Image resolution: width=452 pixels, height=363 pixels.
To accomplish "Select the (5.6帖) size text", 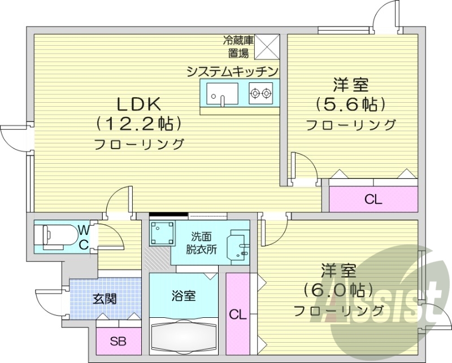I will coord(351,104).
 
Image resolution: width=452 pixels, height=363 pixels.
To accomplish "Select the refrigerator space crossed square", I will coord(268,46).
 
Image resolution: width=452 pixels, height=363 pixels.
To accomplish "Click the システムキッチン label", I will coord(233,71).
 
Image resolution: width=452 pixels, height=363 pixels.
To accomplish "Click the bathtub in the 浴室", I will coord(184,338).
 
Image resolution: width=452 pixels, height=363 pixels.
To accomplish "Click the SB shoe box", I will coord(118,340).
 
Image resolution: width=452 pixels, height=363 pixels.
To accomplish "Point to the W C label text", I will coord(83,237).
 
